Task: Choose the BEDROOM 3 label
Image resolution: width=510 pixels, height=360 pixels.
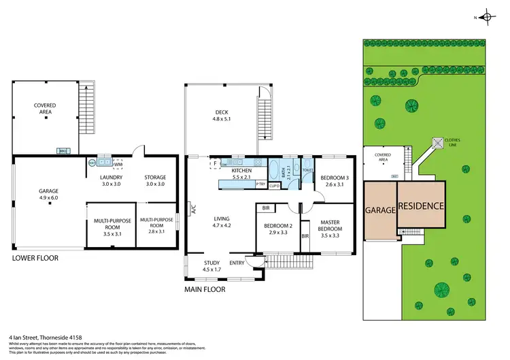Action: [x=332, y=179]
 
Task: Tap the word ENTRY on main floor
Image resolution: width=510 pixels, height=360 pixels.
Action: [x=237, y=263]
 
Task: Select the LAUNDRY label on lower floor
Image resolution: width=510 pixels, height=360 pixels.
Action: [x=111, y=179]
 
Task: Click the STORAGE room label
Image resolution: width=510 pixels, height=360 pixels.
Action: [x=154, y=179]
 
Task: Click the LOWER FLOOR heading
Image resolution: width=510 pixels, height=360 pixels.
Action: [x=35, y=259]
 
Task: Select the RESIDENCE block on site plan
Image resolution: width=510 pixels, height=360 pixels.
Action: [x=421, y=206]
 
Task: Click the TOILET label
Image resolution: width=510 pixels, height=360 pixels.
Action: [x=307, y=170]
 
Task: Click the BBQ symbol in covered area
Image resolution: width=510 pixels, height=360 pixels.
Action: [x=63, y=151]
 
